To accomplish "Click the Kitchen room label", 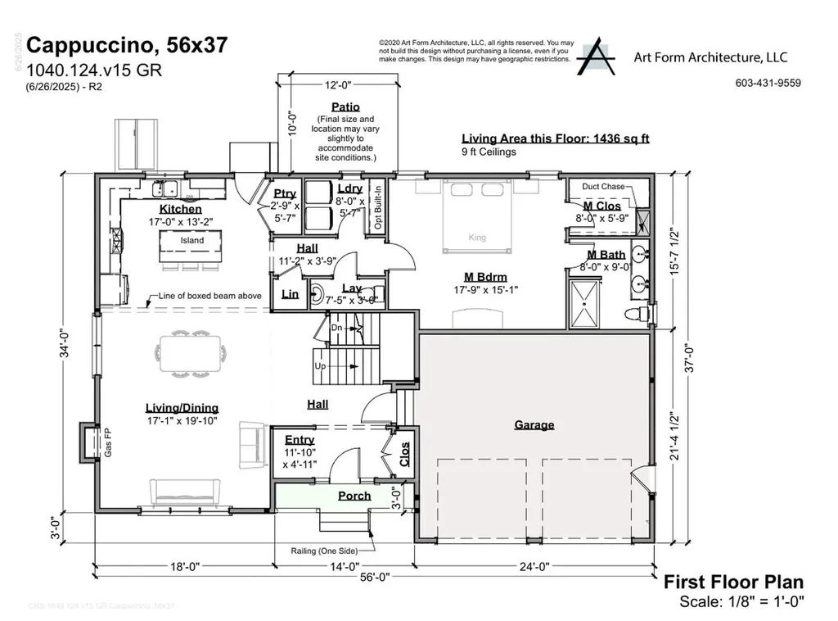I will (x=180, y=210).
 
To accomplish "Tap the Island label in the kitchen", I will (x=192, y=241).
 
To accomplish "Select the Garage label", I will (x=534, y=424).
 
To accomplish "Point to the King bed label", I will (x=477, y=238).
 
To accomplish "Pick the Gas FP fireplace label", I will (x=106, y=442).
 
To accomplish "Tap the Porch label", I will (x=354, y=496).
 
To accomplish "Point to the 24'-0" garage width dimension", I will (x=533, y=565).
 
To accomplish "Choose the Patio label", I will (x=345, y=107).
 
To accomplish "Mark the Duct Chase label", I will (x=602, y=187).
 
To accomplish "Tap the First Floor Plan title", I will (x=732, y=582).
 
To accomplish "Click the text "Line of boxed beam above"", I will (x=211, y=295).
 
